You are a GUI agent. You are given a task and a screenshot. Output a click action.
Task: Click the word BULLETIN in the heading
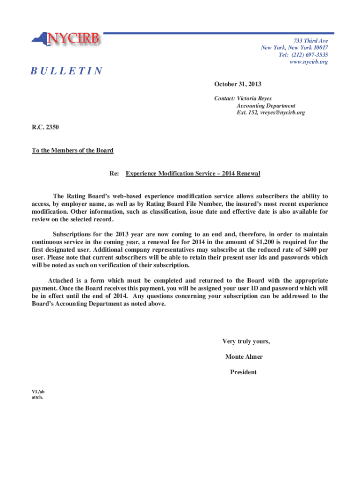(x=66, y=71)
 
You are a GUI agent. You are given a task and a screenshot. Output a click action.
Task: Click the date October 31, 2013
(x=238, y=84)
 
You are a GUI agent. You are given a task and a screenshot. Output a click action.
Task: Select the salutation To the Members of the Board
(x=72, y=150)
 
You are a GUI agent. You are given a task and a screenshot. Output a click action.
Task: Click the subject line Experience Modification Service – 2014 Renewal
(x=193, y=174)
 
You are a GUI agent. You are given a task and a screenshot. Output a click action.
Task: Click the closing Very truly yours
(x=246, y=341)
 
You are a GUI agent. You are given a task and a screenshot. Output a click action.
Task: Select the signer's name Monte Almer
(x=244, y=357)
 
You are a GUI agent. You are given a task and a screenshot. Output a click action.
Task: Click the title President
(x=243, y=372)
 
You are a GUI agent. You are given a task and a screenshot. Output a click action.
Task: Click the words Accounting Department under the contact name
(x=266, y=106)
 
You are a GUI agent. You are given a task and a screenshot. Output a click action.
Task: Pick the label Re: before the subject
(x=114, y=174)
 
